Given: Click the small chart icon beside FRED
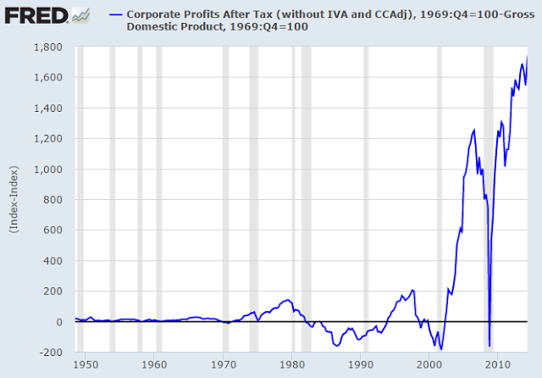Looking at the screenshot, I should (x=81, y=14).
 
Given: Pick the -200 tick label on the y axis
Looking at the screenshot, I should (x=53, y=353).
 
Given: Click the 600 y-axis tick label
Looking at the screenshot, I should (x=53, y=231).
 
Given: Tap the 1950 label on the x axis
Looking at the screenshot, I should (x=83, y=365).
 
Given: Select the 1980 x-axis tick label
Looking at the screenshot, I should (x=292, y=365).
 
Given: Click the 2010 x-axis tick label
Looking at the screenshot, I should (x=500, y=365).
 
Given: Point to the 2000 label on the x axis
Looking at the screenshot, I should (x=430, y=365).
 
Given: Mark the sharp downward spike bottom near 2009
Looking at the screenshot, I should (x=489, y=345).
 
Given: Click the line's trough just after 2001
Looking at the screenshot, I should (x=440, y=348).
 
